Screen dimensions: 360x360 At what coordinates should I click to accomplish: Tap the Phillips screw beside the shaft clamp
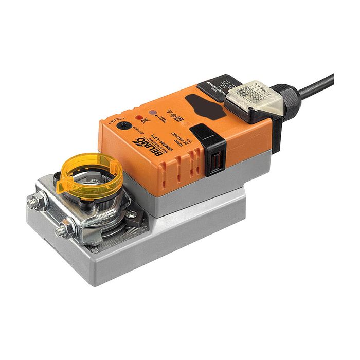pos(131,214)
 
